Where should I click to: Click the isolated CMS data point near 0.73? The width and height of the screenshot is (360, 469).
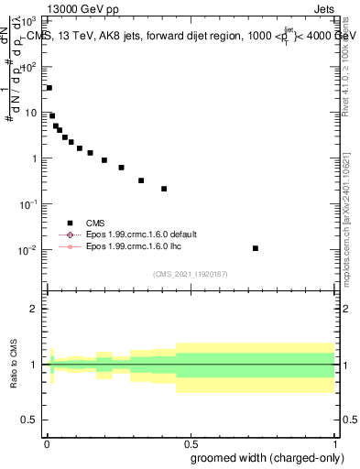pos(256,248)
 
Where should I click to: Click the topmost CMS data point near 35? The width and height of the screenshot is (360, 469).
pos(49,88)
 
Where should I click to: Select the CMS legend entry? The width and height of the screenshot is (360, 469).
pos(95,223)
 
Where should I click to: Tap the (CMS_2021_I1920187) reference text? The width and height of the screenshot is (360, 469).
pos(191,273)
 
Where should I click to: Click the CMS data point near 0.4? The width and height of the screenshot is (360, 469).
pos(164,189)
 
